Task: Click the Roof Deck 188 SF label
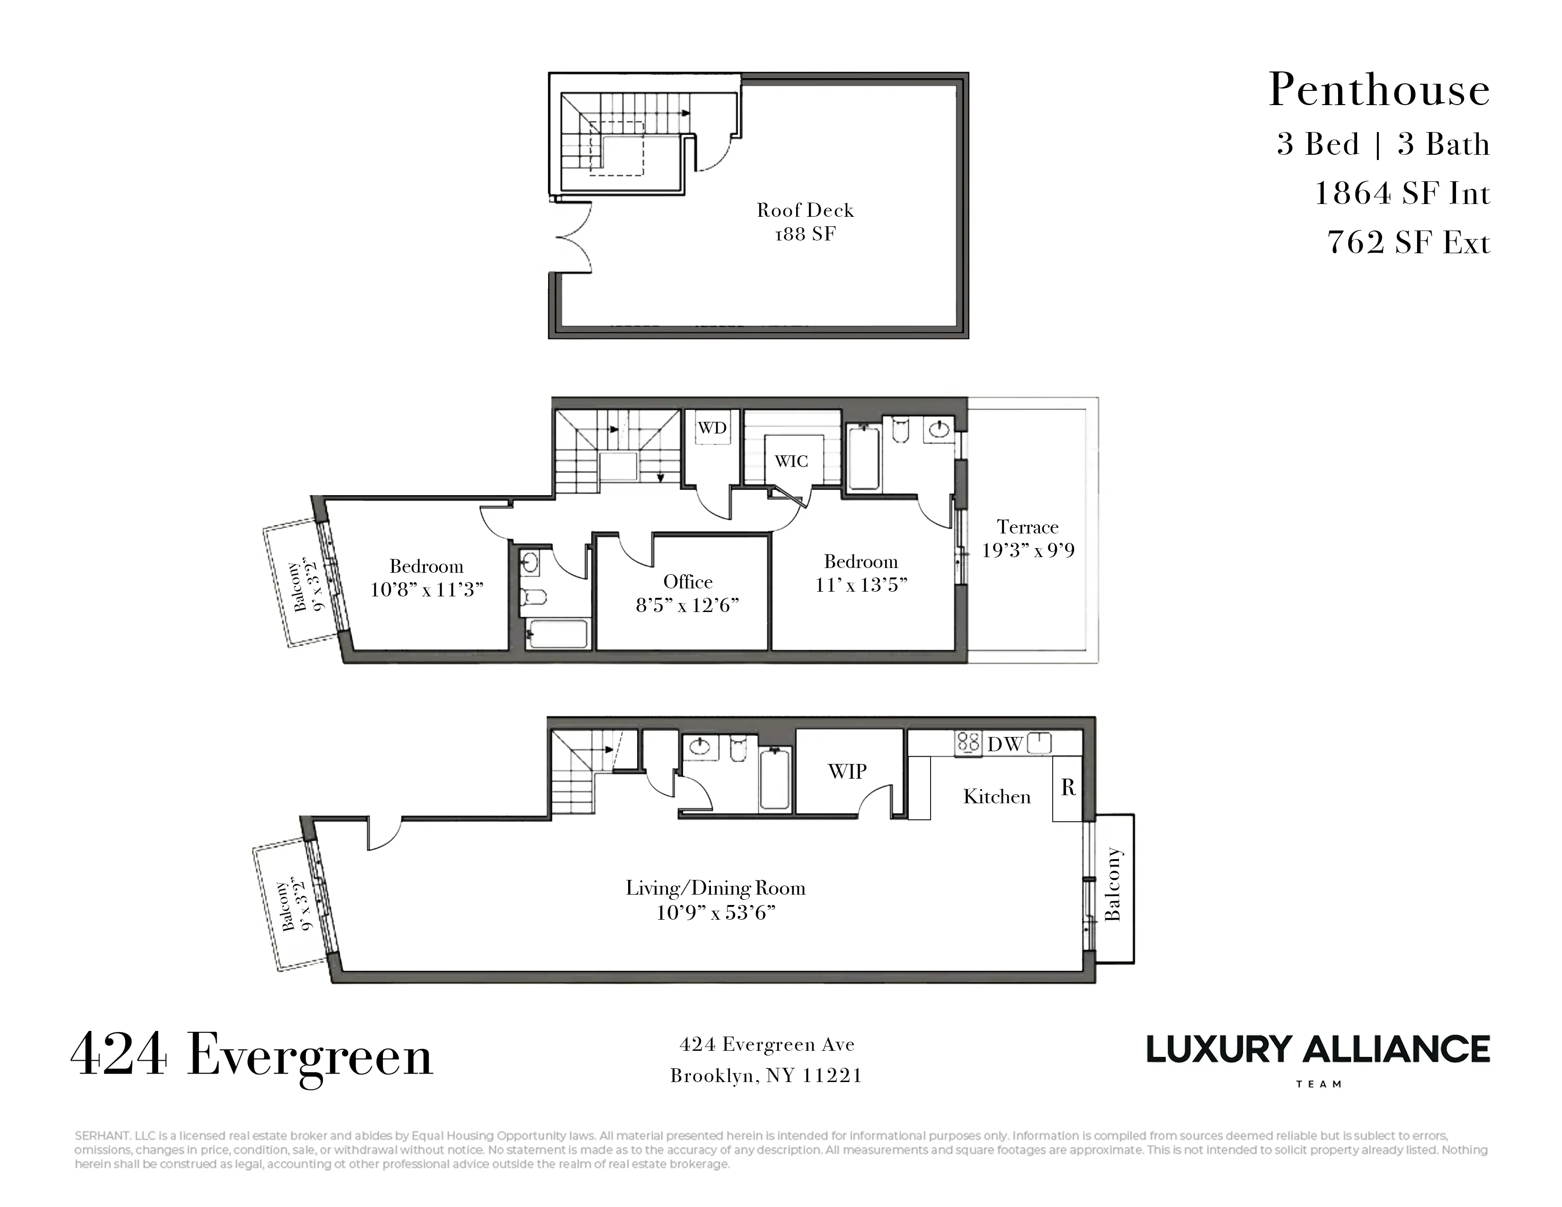pyautogui.click(x=805, y=222)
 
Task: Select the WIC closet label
pyautogui.click(x=791, y=461)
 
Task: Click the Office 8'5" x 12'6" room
pyautogui.click(x=687, y=593)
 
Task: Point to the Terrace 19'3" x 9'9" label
pyautogui.click(x=1028, y=539)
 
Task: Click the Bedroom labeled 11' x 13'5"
pyautogui.click(x=861, y=573)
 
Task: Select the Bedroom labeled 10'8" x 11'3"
pyautogui.click(x=426, y=578)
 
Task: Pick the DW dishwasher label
pyautogui.click(x=1005, y=745)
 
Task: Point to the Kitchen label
pyautogui.click(x=996, y=797)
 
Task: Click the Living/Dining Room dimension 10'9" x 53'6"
pyautogui.click(x=716, y=913)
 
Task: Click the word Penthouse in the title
pyautogui.click(x=1379, y=91)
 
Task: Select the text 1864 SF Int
pyautogui.click(x=1402, y=194)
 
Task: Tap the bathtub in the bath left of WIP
pyautogui.click(x=774, y=780)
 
